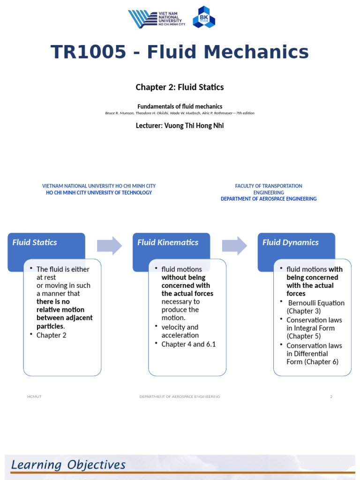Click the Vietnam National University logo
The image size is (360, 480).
coord(157,19)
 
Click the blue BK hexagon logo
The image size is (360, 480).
coord(204,17)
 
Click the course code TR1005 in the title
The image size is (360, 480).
coord(89,52)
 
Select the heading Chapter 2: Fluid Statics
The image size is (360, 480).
coord(180,87)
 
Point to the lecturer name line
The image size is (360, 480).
coord(180,126)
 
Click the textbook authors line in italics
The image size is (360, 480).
coord(180,113)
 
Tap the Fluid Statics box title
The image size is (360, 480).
coord(35,242)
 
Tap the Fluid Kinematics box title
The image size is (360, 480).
coord(167,242)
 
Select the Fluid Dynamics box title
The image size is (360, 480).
coord(290,242)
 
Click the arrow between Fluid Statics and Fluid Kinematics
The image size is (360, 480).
coord(109,246)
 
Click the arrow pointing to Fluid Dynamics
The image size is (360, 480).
coord(234,246)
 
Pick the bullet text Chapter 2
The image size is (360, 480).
coord(52,335)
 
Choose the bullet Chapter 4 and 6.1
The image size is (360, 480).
coord(188,344)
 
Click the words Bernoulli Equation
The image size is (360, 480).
coord(316,303)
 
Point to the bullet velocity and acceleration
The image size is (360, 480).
coord(180,331)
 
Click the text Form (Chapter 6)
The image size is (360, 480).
coord(312,362)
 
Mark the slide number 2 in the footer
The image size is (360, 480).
coord(331,397)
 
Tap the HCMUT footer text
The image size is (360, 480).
coord(34,397)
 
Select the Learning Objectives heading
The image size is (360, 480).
coord(68,465)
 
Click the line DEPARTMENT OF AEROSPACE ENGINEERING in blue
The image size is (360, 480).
coord(269,199)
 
